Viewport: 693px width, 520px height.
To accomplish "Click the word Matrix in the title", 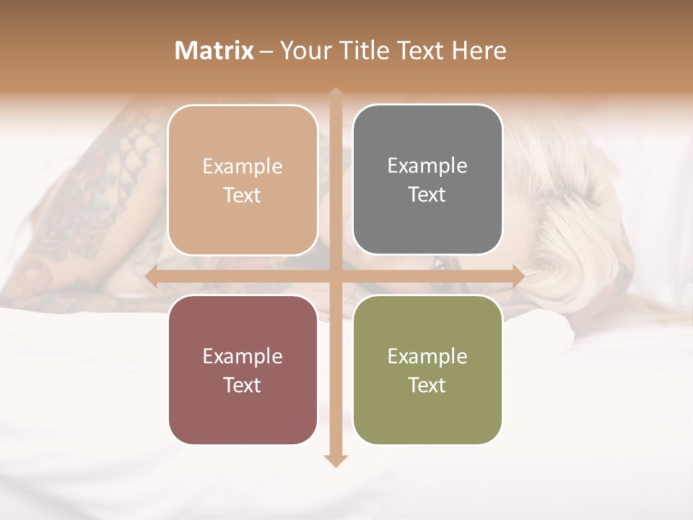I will pyautogui.click(x=214, y=51).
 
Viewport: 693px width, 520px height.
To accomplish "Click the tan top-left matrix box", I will pyautogui.click(x=243, y=181).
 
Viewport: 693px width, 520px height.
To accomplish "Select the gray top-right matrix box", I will pyautogui.click(x=427, y=180).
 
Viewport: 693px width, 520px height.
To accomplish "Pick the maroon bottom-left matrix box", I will pyautogui.click(x=243, y=370).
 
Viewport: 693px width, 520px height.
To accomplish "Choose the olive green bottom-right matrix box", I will pyautogui.click(x=427, y=370).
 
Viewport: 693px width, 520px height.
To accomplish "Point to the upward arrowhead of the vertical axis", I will pyautogui.click(x=335, y=95).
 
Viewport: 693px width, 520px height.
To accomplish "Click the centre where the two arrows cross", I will pyautogui.click(x=335, y=276).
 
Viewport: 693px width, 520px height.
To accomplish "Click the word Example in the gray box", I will pyautogui.click(x=427, y=165).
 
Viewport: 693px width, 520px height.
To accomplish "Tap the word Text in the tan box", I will pyautogui.click(x=243, y=195).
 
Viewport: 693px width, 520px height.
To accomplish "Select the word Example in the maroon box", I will pyautogui.click(x=243, y=356).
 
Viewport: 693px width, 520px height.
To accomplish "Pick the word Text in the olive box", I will pyautogui.click(x=427, y=385).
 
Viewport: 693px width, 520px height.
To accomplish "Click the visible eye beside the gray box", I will pyautogui.click(x=438, y=265).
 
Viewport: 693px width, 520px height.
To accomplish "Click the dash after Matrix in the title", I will pyautogui.click(x=266, y=51).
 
